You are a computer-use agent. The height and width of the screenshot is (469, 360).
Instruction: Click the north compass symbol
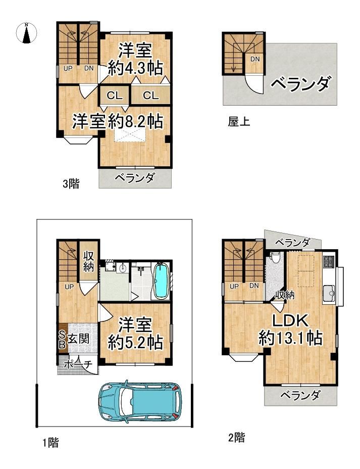tap(26, 33)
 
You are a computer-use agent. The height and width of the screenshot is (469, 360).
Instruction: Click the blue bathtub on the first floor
tap(161, 280)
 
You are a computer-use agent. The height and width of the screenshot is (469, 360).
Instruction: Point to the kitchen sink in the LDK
tap(329, 293)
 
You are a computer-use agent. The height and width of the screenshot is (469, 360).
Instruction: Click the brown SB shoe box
tap(62, 339)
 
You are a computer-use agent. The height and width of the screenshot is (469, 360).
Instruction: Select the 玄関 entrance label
tap(78, 339)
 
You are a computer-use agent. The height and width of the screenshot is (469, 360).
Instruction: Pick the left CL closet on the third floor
tap(115, 96)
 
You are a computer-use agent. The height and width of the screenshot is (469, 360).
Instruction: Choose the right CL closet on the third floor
tap(150, 96)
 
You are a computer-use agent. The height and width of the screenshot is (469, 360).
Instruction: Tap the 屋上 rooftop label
tap(239, 122)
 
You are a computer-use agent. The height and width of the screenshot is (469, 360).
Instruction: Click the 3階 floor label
tap(71, 183)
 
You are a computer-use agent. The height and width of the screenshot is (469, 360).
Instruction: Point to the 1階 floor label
tap(50, 442)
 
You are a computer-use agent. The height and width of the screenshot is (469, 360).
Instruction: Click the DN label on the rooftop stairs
tap(255, 59)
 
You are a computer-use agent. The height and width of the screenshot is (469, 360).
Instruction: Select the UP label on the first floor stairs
tap(69, 287)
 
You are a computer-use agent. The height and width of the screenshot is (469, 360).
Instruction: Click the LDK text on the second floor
tap(290, 321)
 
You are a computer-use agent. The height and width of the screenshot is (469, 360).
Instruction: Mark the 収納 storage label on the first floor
tap(89, 261)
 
